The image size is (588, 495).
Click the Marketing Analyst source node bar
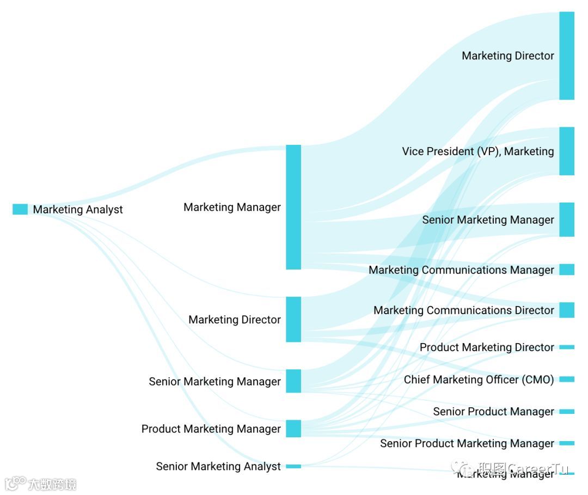tap(20, 209)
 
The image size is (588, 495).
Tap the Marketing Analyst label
tap(78, 210)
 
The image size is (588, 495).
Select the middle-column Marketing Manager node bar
tap(293, 207)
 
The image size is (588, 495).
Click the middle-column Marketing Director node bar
tap(293, 319)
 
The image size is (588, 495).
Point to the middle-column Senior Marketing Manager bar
tap(293, 381)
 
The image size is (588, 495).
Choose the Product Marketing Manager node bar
tap(293, 429)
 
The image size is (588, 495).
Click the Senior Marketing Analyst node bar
tap(293, 466)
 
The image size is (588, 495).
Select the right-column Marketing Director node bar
tap(567, 56)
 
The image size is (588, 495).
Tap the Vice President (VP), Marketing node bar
tap(567, 151)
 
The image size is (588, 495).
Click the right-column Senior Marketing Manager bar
tap(567, 219)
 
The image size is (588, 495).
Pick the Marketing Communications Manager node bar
tap(567, 270)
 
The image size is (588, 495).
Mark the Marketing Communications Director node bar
tap(567, 310)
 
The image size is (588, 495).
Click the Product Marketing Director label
tap(487, 347)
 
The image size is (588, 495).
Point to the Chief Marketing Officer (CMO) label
tap(479, 380)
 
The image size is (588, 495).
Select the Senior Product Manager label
tap(493, 412)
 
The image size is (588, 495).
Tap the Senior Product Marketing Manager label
tap(467, 443)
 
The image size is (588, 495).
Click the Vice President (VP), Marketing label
tap(478, 151)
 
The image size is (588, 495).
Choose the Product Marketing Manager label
tap(211, 429)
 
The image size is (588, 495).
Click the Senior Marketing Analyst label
tap(218, 467)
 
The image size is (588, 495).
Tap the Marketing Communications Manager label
tap(461, 270)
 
